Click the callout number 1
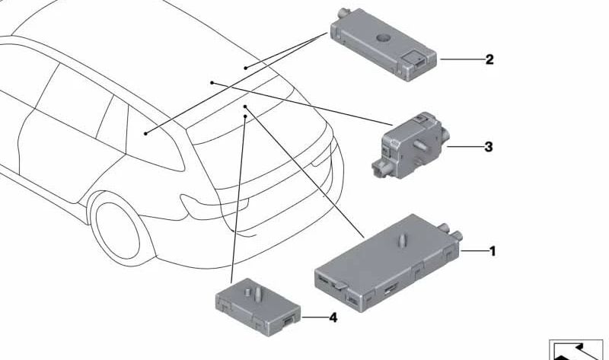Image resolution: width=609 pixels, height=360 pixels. tap(493, 251)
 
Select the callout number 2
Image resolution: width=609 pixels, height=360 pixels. tap(489, 59)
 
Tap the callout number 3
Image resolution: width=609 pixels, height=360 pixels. tap(489, 147)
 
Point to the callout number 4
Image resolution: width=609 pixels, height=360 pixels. tap(333, 317)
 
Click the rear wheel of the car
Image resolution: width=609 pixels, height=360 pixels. tap(117, 231)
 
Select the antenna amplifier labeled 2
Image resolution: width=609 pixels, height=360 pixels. tap(384, 45)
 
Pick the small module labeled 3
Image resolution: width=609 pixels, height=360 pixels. tap(410, 145)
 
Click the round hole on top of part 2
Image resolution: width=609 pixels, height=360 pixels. tap(384, 37)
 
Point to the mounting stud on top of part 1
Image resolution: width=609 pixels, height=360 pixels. tap(403, 241)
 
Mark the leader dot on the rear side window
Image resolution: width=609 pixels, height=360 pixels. tap(145, 134)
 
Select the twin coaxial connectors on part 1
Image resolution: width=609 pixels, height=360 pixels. tap(451, 232)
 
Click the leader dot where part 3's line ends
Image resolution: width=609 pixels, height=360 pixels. tap(212, 83)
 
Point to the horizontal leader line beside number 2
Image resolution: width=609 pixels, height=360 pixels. tap(462, 59)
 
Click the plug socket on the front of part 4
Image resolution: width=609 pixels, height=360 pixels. tap(289, 320)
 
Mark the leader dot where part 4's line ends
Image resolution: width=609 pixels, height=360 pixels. tap(245, 116)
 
